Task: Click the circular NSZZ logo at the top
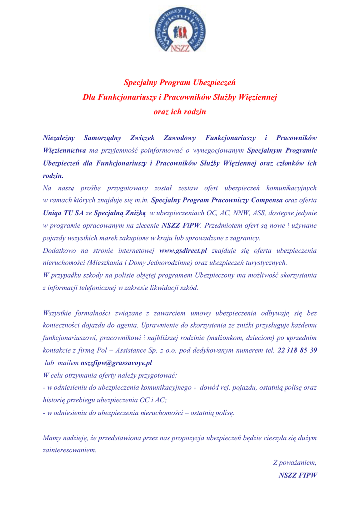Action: (180, 30)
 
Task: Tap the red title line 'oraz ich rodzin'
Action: (180, 112)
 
